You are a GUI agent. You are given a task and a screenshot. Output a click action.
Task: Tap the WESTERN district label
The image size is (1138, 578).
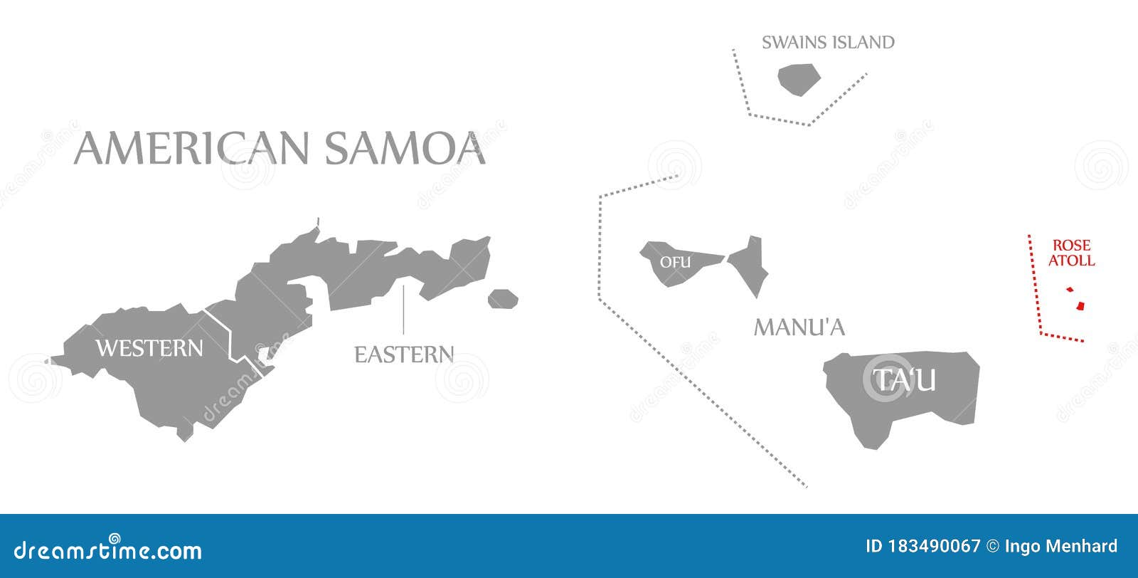[x=149, y=348]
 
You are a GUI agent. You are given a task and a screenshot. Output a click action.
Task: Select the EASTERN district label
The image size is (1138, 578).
[x=404, y=354]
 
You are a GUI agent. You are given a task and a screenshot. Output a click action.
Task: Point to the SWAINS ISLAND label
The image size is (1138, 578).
[x=828, y=43]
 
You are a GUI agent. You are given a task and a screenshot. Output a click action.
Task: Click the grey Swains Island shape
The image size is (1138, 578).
[x=799, y=79]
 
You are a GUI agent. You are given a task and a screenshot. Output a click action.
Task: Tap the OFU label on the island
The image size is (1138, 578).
[x=675, y=262]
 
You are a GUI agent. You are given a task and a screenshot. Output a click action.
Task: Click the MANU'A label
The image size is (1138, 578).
[x=799, y=327]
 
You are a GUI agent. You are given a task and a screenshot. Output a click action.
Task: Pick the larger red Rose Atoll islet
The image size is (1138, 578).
[x=1080, y=306]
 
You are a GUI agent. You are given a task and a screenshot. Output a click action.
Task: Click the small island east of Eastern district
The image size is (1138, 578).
[x=503, y=299]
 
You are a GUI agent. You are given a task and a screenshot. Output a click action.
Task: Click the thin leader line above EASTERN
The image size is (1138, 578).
[x=403, y=310]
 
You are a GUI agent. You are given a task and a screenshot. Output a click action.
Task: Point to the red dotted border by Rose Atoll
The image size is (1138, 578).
[x=1033, y=285]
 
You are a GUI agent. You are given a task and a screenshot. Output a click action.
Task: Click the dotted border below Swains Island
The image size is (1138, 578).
[x=780, y=120]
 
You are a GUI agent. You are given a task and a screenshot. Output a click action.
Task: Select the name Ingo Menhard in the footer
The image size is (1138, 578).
[x=1061, y=546]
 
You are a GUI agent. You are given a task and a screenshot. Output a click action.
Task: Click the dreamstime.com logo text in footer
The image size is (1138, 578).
[x=108, y=550]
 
